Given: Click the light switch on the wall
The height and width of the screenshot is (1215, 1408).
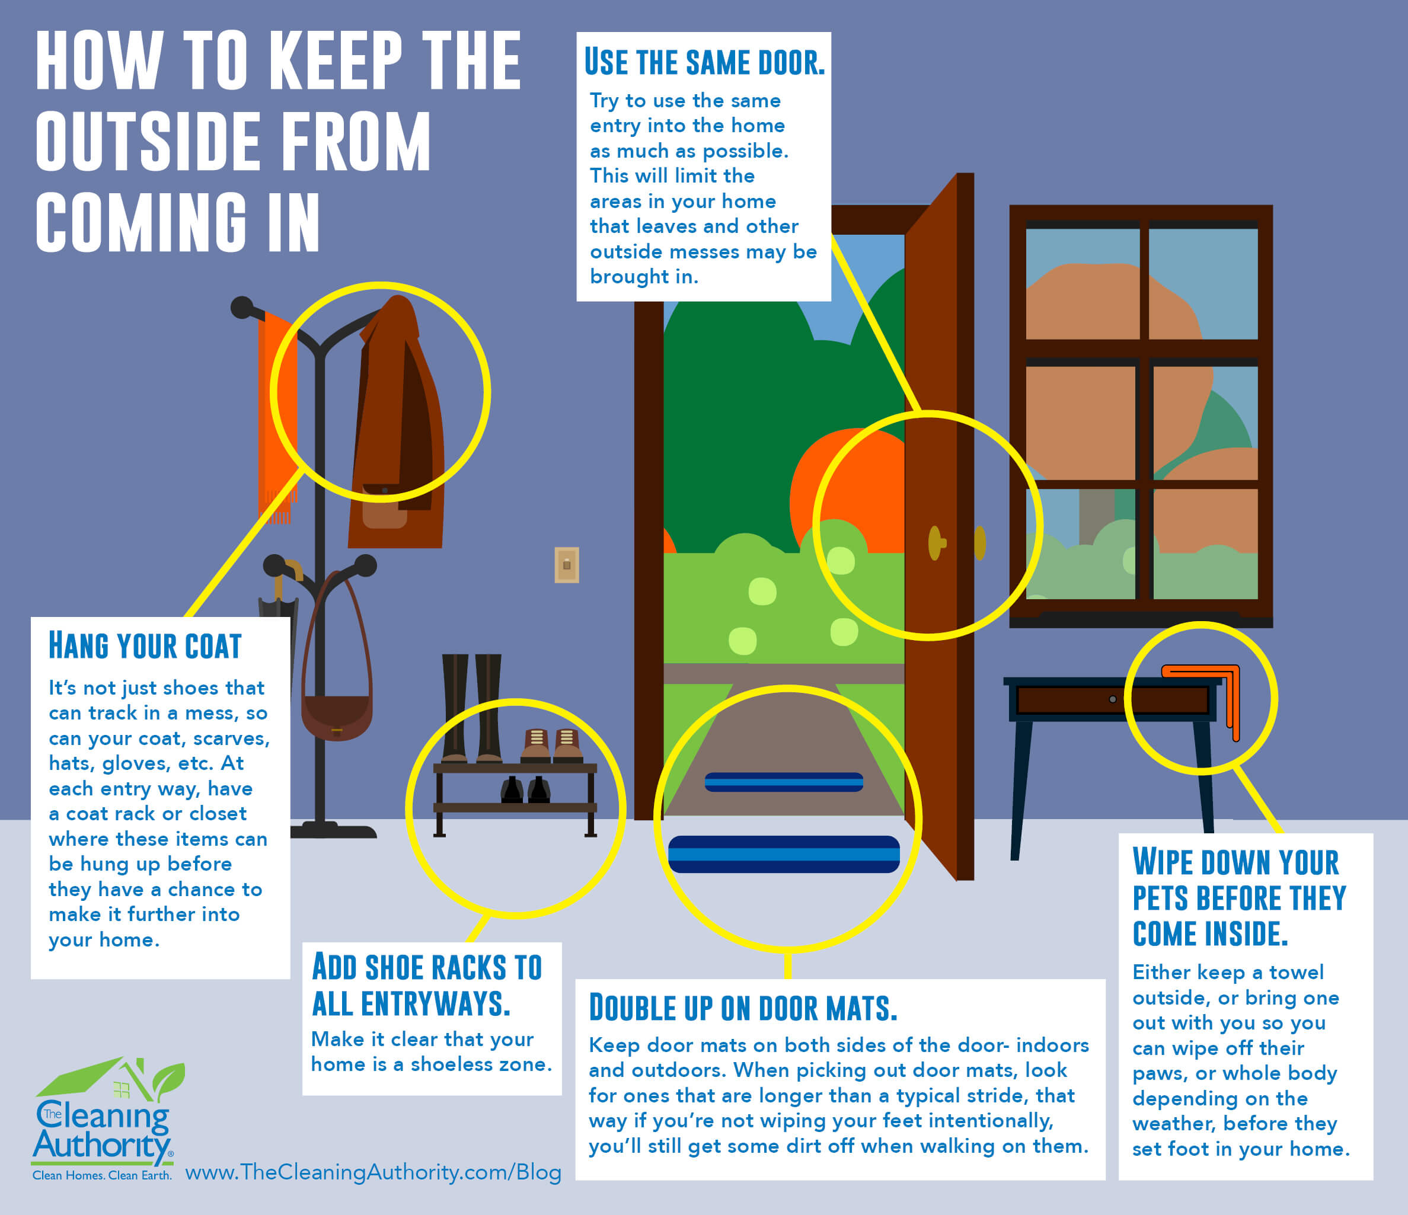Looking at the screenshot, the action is [x=567, y=565].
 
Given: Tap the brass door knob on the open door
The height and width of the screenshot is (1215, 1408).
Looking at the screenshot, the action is [x=937, y=543].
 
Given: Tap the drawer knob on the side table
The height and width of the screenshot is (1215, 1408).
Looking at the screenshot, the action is [x=1112, y=699].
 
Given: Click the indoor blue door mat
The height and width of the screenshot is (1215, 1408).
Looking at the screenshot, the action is [x=784, y=854].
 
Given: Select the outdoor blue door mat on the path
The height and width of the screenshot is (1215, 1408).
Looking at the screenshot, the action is [x=784, y=782].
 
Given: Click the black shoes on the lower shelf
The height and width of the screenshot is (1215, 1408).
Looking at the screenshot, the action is [x=525, y=789].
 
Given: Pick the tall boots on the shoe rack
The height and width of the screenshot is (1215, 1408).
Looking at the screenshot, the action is [x=471, y=708].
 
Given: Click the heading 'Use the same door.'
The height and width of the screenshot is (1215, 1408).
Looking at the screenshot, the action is [x=705, y=62].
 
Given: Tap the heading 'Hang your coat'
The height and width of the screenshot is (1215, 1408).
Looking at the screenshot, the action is [x=145, y=645].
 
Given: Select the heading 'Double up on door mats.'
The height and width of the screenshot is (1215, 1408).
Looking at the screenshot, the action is [x=743, y=1007].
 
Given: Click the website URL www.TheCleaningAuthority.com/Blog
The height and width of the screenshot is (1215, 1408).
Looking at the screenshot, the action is [x=373, y=1172].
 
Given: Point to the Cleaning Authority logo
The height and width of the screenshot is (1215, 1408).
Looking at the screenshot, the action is [x=107, y=1118].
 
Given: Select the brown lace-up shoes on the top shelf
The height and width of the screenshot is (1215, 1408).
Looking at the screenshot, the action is [x=552, y=746].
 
